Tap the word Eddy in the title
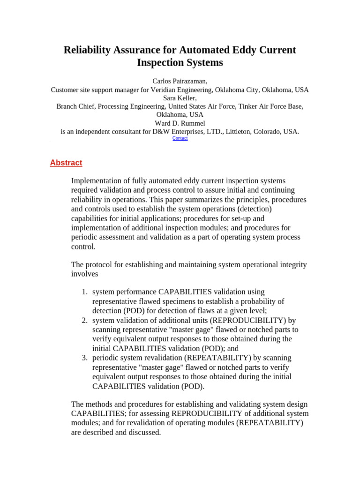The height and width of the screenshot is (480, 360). [239, 50]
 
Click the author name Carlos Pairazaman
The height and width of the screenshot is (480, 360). [180, 81]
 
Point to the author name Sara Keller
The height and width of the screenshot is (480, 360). [180, 98]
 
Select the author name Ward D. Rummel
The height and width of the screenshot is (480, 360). [180, 123]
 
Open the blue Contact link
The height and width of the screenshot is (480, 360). [180, 138]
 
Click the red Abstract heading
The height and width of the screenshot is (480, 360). [66, 163]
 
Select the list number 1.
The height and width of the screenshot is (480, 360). [84, 292]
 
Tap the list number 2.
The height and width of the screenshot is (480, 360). [84, 320]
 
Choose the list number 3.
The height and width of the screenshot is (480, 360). [84, 358]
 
